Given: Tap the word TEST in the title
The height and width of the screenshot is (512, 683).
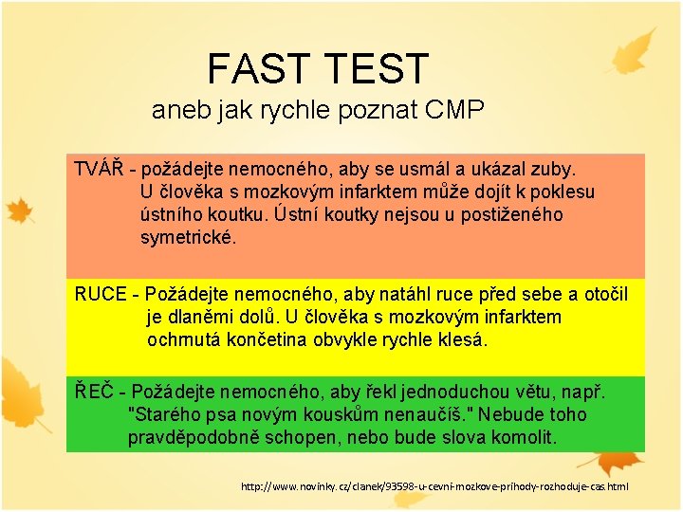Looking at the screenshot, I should coord(378,68).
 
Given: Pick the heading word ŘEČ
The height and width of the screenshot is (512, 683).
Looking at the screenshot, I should coord(94,392).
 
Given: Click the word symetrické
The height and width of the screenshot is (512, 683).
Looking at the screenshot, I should coord(188,237).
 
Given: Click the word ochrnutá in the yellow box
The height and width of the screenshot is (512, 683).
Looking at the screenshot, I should coord(184,339).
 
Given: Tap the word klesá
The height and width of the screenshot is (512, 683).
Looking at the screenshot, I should coord(459,339).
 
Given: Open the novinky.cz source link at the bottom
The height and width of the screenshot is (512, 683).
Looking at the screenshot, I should coord(434,486).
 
